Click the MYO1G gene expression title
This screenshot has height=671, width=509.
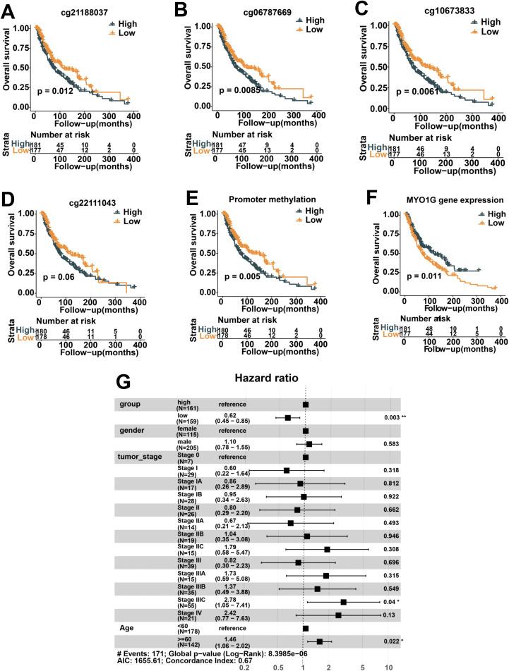point(445,201)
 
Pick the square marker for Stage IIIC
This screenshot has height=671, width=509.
point(344,603)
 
